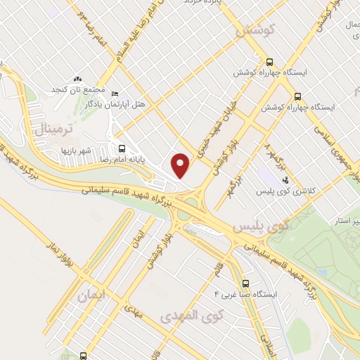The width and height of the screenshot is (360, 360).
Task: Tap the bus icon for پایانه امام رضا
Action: click(122, 148)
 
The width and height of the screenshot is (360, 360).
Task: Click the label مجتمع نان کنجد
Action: click(78, 90)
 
